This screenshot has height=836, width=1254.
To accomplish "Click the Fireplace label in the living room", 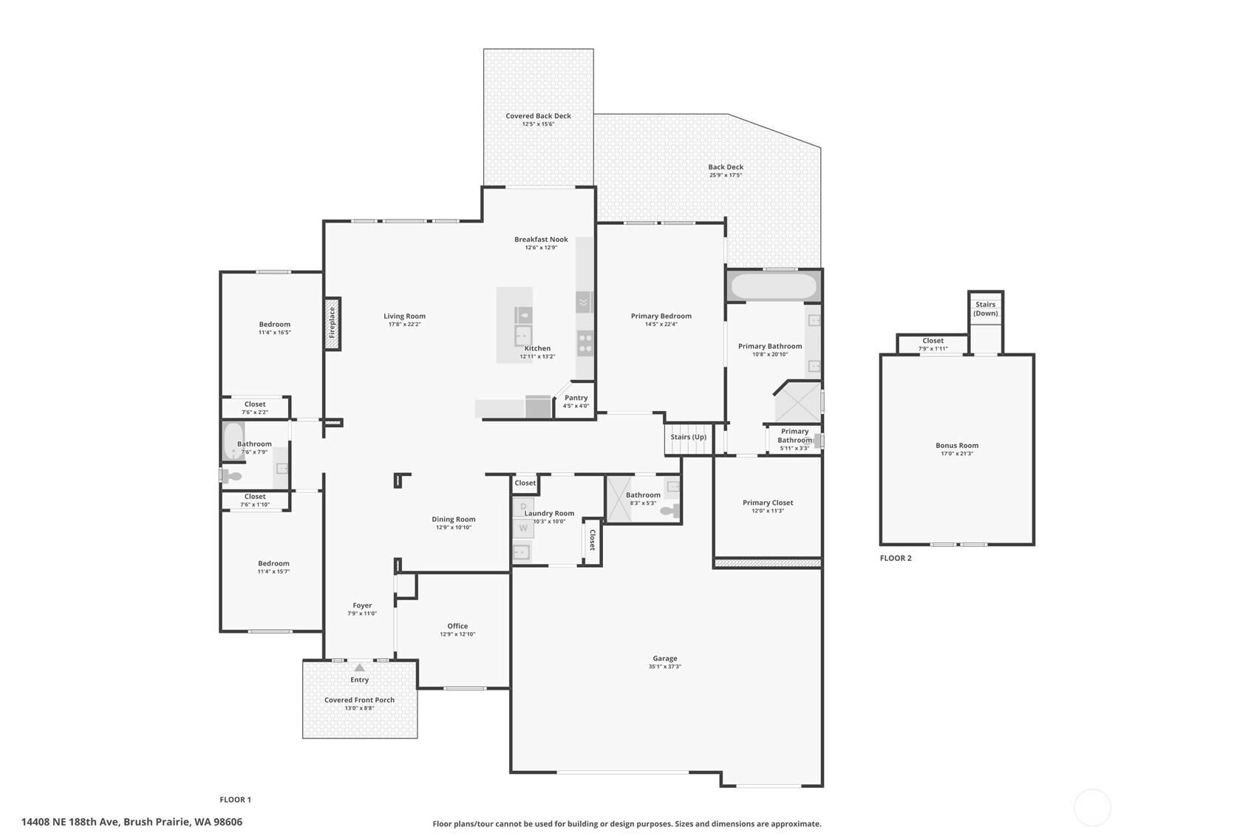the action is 332,322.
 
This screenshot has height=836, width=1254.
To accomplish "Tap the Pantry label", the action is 576,398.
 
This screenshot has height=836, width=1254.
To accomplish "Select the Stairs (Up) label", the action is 689,437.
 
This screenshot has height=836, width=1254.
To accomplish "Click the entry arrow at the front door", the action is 359,667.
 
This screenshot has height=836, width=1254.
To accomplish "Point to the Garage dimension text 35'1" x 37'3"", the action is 665,666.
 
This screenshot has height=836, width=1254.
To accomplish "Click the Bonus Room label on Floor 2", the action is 957,446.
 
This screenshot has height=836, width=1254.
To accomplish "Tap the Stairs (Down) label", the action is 986,309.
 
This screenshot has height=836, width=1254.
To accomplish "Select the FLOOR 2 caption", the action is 896,558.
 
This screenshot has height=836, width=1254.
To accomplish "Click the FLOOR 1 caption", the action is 235,799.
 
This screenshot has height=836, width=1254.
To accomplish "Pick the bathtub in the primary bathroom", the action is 774,286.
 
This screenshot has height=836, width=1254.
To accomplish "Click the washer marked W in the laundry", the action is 523,528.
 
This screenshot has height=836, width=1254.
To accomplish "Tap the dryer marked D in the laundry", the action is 523,507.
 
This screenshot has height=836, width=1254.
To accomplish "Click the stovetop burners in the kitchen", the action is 585,343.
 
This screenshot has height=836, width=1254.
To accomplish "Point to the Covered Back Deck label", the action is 539,116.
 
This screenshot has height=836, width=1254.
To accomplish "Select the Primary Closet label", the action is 768,503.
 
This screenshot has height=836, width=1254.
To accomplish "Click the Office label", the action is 457,626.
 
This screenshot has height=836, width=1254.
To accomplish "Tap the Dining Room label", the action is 454,519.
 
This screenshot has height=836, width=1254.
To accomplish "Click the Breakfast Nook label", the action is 542,239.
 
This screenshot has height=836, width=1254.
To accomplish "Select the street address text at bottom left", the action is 132,822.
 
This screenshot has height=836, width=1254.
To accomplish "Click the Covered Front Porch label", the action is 359,700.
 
